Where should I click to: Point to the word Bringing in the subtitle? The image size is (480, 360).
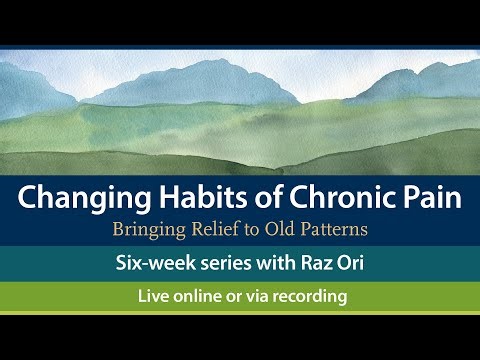coord(152,229)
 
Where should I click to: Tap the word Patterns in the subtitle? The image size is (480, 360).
coord(335,229)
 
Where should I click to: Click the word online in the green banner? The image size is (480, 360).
coord(203,297)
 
